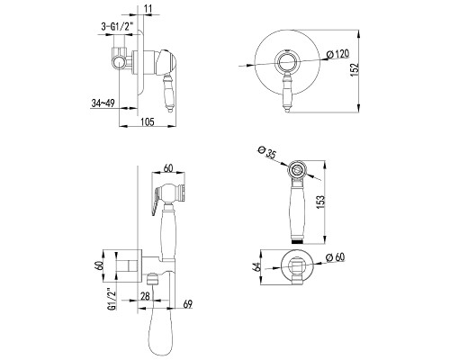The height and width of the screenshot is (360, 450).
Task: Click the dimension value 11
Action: (148, 9)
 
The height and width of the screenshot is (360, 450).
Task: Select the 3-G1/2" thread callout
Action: (117, 27)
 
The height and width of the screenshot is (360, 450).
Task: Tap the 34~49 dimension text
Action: (103, 103)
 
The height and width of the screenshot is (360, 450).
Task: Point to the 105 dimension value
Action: (148, 121)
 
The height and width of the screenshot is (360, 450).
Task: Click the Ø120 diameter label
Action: (337, 54)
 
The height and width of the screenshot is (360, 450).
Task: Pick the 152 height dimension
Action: (355, 70)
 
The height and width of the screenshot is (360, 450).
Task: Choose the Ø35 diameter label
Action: (266, 152)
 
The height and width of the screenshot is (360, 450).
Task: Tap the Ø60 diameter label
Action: (336, 257)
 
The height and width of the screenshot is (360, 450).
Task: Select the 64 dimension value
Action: (256, 266)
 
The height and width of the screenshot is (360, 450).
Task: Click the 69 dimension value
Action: (187, 304)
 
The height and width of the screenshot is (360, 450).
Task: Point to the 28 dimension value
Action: (145, 296)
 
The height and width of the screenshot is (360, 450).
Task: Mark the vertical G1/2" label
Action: (112, 299)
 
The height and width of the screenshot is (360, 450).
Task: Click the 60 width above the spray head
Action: (168, 168)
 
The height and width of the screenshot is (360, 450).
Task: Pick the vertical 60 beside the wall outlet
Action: (100, 265)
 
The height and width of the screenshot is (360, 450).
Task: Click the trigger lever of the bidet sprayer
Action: (156, 200)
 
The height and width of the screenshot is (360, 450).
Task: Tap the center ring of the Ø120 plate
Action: (288, 62)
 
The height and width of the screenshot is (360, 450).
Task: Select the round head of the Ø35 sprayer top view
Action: (298, 171)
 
